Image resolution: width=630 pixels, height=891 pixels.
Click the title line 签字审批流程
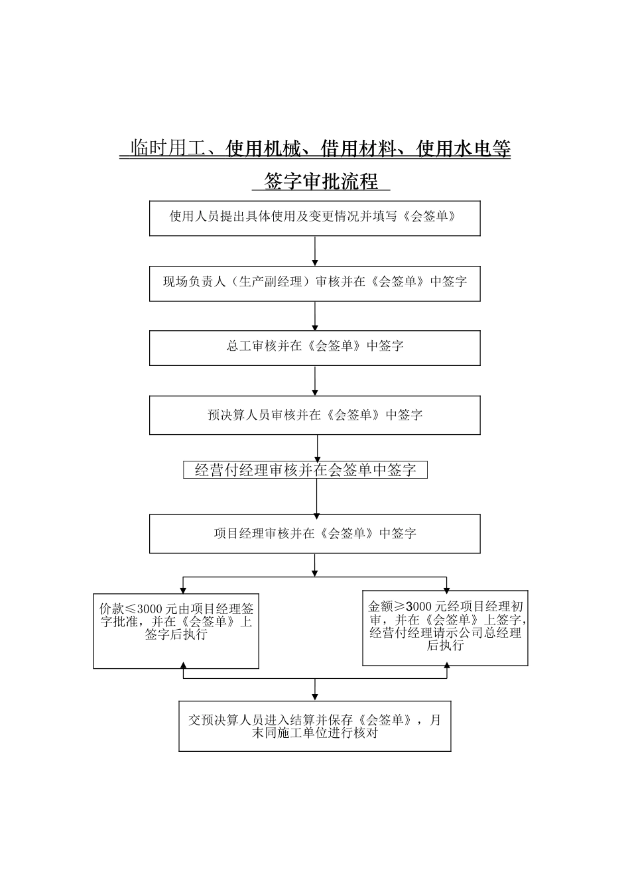tap(321, 182)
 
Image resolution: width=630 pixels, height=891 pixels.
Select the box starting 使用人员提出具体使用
tap(314, 218)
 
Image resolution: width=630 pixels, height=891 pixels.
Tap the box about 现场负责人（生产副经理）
tap(314, 283)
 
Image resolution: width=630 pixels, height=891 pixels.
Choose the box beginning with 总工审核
tap(314, 347)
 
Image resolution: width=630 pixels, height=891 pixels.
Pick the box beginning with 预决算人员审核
tap(314, 415)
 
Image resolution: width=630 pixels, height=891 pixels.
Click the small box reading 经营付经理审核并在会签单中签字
tap(305, 470)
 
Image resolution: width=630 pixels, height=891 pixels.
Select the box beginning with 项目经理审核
tap(314, 534)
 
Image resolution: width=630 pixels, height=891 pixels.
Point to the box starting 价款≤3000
tap(176, 630)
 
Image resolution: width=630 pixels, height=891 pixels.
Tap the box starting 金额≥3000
tap(445, 627)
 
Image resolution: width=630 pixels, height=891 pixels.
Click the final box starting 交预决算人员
tap(314, 726)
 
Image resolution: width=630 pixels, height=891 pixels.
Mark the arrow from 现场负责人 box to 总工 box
tap(314, 316)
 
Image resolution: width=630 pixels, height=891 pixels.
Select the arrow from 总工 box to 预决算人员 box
tap(314, 381)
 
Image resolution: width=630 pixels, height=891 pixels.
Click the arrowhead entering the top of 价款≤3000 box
tap(183, 589)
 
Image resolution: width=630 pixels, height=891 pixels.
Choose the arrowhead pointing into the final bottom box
tap(314, 697)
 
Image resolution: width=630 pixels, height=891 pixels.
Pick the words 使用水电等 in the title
tap(464, 149)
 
